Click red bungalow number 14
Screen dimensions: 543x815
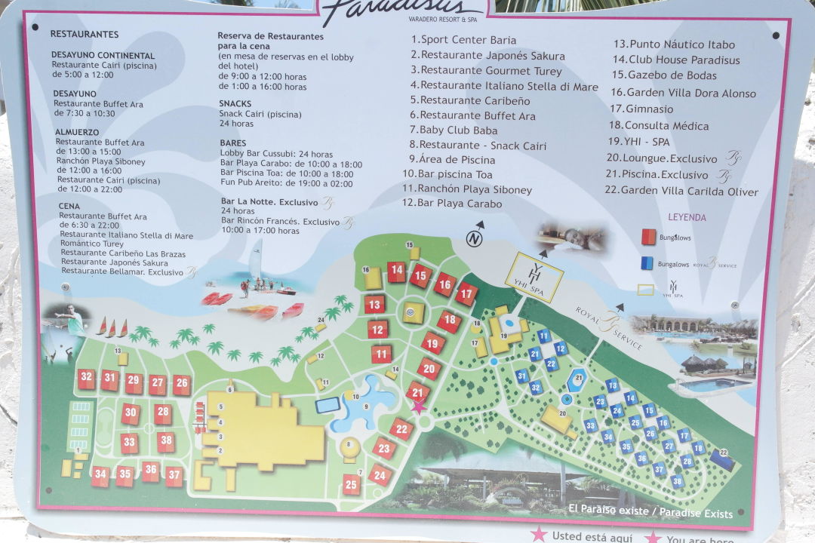[x=396, y=271]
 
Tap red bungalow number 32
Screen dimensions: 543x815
[x=86, y=378]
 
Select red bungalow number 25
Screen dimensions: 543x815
[x=351, y=484]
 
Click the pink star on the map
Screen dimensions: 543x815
[x=417, y=407]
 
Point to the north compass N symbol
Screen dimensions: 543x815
[x=474, y=239]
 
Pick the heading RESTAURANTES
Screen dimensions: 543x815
[x=85, y=34]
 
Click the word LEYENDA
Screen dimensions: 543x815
[x=687, y=217]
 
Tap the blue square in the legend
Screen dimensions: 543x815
[x=647, y=263]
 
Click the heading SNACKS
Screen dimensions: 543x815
[x=235, y=103]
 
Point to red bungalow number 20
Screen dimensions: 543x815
[x=429, y=369]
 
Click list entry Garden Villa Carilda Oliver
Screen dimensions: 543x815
[x=688, y=192]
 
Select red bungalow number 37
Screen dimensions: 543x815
[x=174, y=474]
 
